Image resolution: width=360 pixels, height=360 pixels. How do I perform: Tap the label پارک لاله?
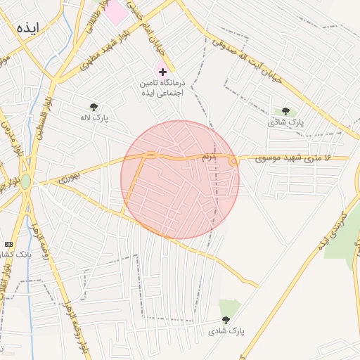tap(95, 118)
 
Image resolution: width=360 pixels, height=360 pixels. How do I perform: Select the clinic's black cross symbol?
tap(163, 72)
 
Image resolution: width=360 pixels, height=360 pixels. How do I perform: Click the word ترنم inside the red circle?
tap(208, 156)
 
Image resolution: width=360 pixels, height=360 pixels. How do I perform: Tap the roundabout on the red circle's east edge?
tap(233, 162)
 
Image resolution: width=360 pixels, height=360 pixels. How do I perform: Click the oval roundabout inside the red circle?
tap(151, 155)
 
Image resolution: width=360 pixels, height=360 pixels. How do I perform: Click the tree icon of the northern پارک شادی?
tap(285, 111)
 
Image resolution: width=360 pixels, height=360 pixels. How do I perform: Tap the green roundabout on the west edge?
tap(26, 182)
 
